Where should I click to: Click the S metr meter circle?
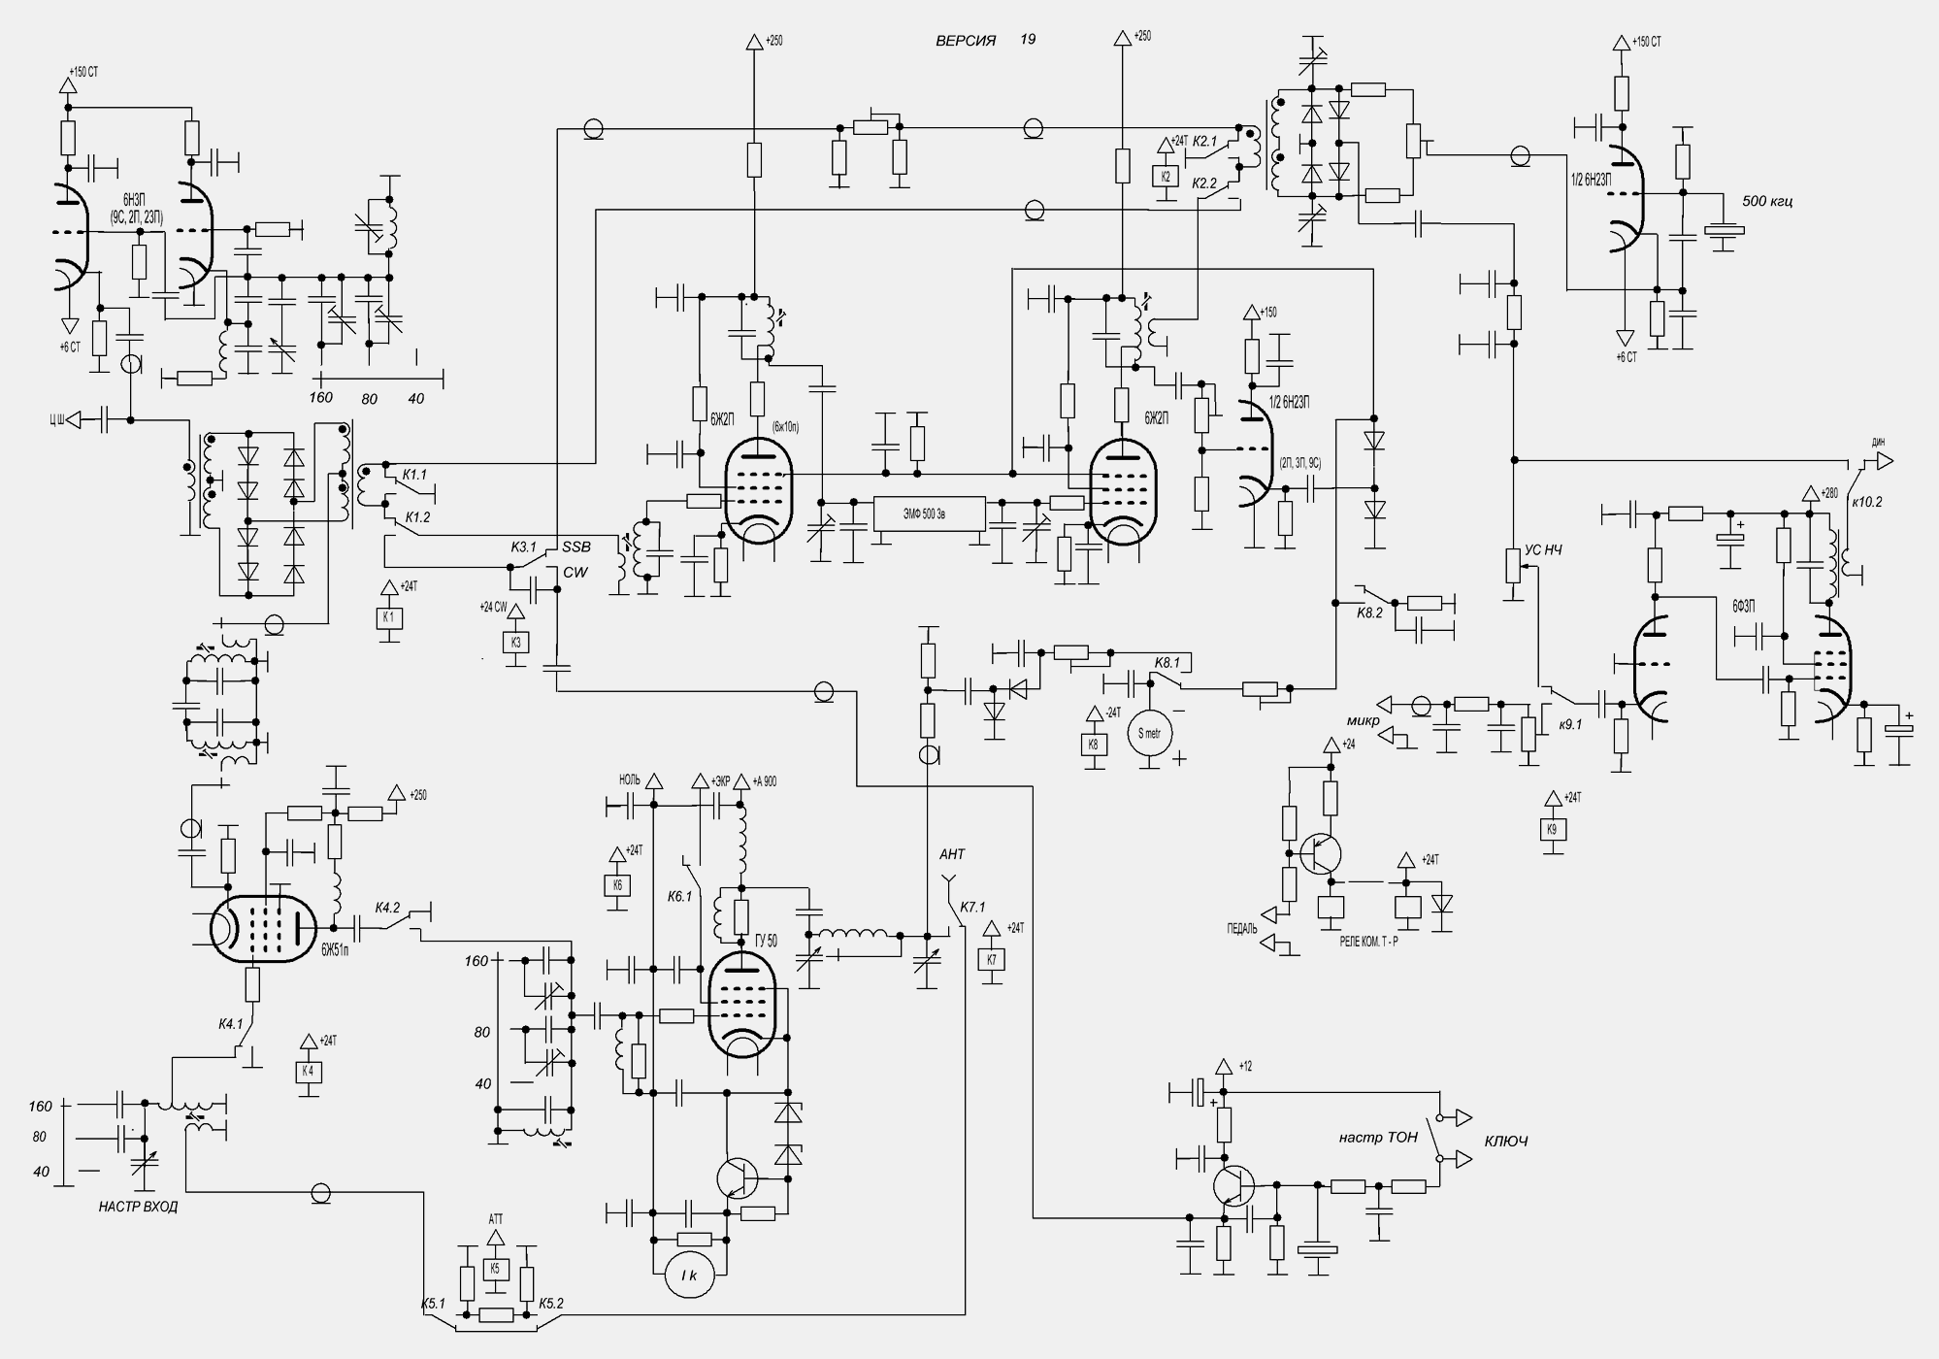pos(1149,734)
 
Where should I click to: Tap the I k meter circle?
pos(689,1275)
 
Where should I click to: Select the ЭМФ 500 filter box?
pos(930,514)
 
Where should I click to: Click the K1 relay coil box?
pos(388,617)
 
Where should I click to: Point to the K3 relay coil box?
pos(515,642)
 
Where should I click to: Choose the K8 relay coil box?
pos(1094,745)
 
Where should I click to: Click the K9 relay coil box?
pos(1552,829)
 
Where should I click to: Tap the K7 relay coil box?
pos(991,959)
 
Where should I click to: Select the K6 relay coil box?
pos(616,884)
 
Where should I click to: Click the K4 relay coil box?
pos(309,1072)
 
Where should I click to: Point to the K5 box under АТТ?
pos(495,1269)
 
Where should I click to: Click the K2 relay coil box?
pos(1166,176)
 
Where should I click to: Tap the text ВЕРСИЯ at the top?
pos(965,41)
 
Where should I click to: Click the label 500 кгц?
pos(1768,202)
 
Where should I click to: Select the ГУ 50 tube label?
pos(766,941)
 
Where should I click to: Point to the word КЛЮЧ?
pos(1506,1142)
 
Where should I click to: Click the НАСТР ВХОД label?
pos(138,1208)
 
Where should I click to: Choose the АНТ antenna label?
pos(952,854)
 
